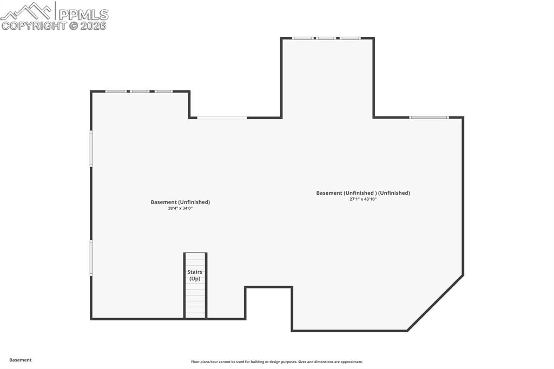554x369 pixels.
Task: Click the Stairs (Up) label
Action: coord(195,275)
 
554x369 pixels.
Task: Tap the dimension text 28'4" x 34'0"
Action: coord(180,208)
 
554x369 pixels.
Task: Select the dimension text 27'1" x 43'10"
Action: coord(362,199)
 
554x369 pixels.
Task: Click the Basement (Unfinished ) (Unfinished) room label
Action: coord(363,193)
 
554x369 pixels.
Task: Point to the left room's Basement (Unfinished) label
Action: coord(180,202)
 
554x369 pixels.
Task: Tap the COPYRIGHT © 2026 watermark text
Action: coord(54,25)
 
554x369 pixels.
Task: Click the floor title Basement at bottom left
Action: coord(21,360)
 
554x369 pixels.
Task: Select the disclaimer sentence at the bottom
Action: coord(276,362)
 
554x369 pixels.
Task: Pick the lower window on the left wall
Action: coord(91,258)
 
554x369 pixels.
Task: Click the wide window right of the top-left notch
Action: coord(222,117)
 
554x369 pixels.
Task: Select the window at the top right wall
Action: coord(428,117)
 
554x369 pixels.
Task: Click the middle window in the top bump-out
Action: coord(327,38)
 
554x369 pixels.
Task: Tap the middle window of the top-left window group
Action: coord(140,91)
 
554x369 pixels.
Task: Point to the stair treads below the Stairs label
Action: coord(195,301)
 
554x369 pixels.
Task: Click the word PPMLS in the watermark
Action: coord(83,14)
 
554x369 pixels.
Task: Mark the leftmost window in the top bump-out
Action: coord(303,38)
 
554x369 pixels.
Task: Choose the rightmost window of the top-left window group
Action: coord(164,91)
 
